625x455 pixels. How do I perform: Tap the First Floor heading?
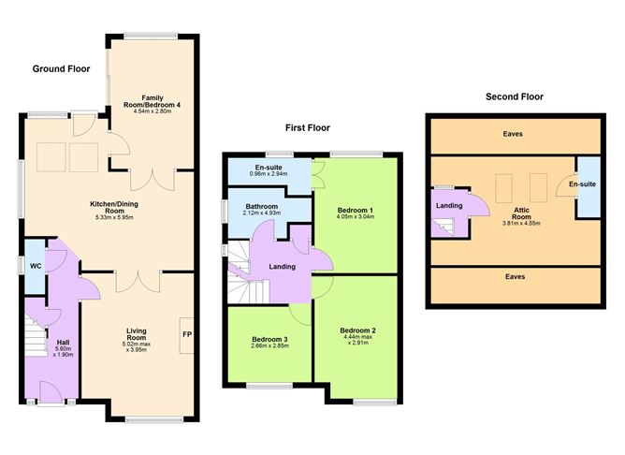point(308,127)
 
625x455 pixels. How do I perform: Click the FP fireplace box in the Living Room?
point(185,333)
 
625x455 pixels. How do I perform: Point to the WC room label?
point(35,265)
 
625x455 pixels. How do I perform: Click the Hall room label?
point(63,342)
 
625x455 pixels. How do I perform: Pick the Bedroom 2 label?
point(357,330)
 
